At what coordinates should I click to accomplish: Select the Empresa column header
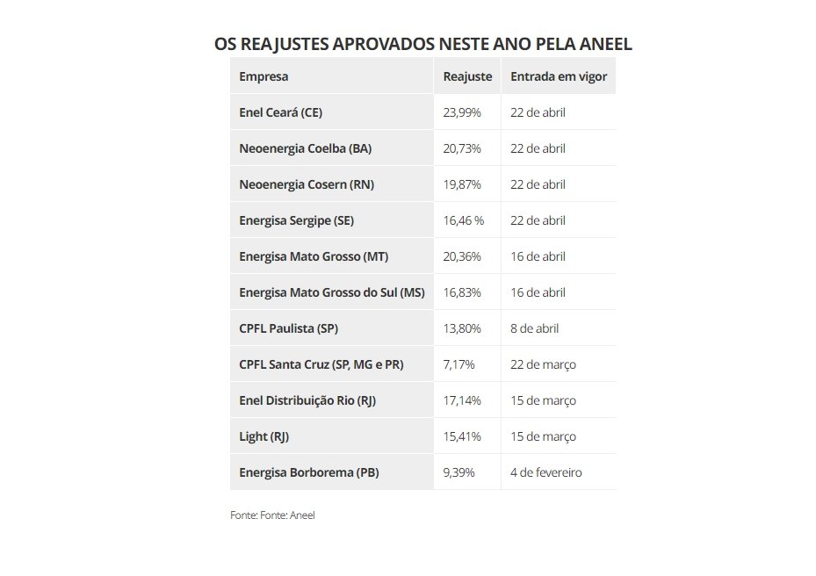264,76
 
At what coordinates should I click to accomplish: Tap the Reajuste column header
467,76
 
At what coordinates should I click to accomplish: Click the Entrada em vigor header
559,76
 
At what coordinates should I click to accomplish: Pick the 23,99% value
462,112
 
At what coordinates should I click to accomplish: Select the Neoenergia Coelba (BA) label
305,148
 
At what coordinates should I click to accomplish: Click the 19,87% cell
462,184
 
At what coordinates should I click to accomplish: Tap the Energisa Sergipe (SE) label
296,220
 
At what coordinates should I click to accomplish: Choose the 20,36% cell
462,256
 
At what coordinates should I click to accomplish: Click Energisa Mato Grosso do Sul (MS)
331,292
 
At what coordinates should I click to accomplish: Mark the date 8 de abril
534,328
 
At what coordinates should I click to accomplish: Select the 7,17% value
459,364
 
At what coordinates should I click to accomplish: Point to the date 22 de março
543,364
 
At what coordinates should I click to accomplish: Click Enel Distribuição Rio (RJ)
307,400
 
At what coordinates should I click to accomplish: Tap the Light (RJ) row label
264,436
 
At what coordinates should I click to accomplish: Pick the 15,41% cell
462,436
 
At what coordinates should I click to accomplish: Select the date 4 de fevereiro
545,472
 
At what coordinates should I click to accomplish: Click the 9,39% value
459,472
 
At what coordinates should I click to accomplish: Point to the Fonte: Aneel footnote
272,515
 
